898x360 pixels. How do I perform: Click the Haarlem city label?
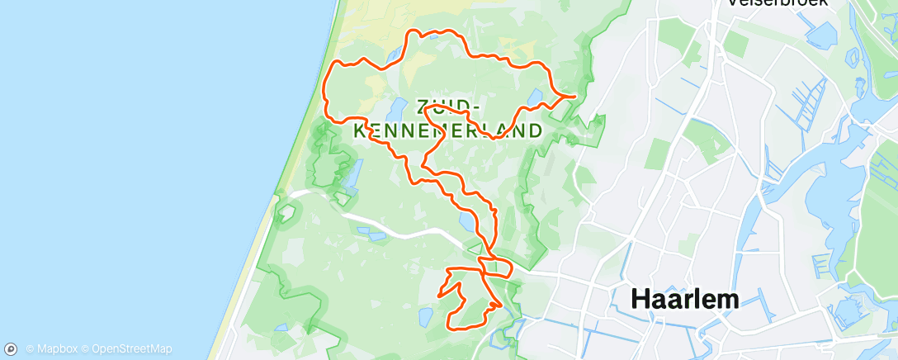click(x=685, y=299)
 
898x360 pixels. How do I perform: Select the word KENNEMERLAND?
click(x=448, y=130)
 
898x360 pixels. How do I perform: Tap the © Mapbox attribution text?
click(x=54, y=349)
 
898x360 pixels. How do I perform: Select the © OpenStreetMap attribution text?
click(x=131, y=349)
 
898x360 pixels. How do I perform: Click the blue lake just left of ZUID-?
click(x=396, y=108)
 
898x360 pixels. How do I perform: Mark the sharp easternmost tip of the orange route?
click(x=574, y=97)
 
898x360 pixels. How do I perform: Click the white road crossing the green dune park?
click(x=396, y=227)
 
